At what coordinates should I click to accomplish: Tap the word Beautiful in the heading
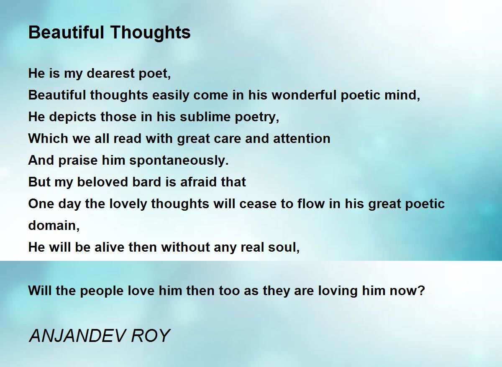67,32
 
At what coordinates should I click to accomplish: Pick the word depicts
73,117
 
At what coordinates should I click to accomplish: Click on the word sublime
205,117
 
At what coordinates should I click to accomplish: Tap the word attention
302,138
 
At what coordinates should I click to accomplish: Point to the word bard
146,182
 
